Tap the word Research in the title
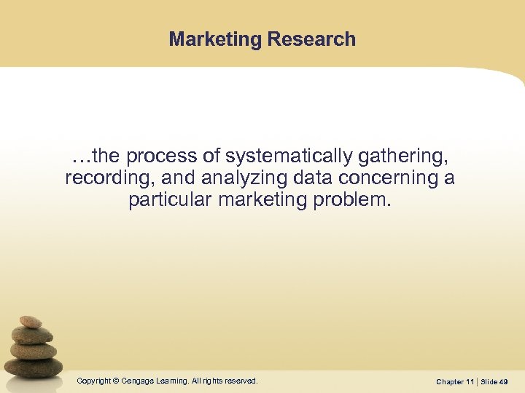click(x=311, y=39)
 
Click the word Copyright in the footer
click(x=94, y=381)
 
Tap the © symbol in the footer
click(x=117, y=381)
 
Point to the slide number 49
click(x=504, y=381)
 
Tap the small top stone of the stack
click(x=31, y=322)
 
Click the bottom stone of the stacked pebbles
click(x=35, y=367)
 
